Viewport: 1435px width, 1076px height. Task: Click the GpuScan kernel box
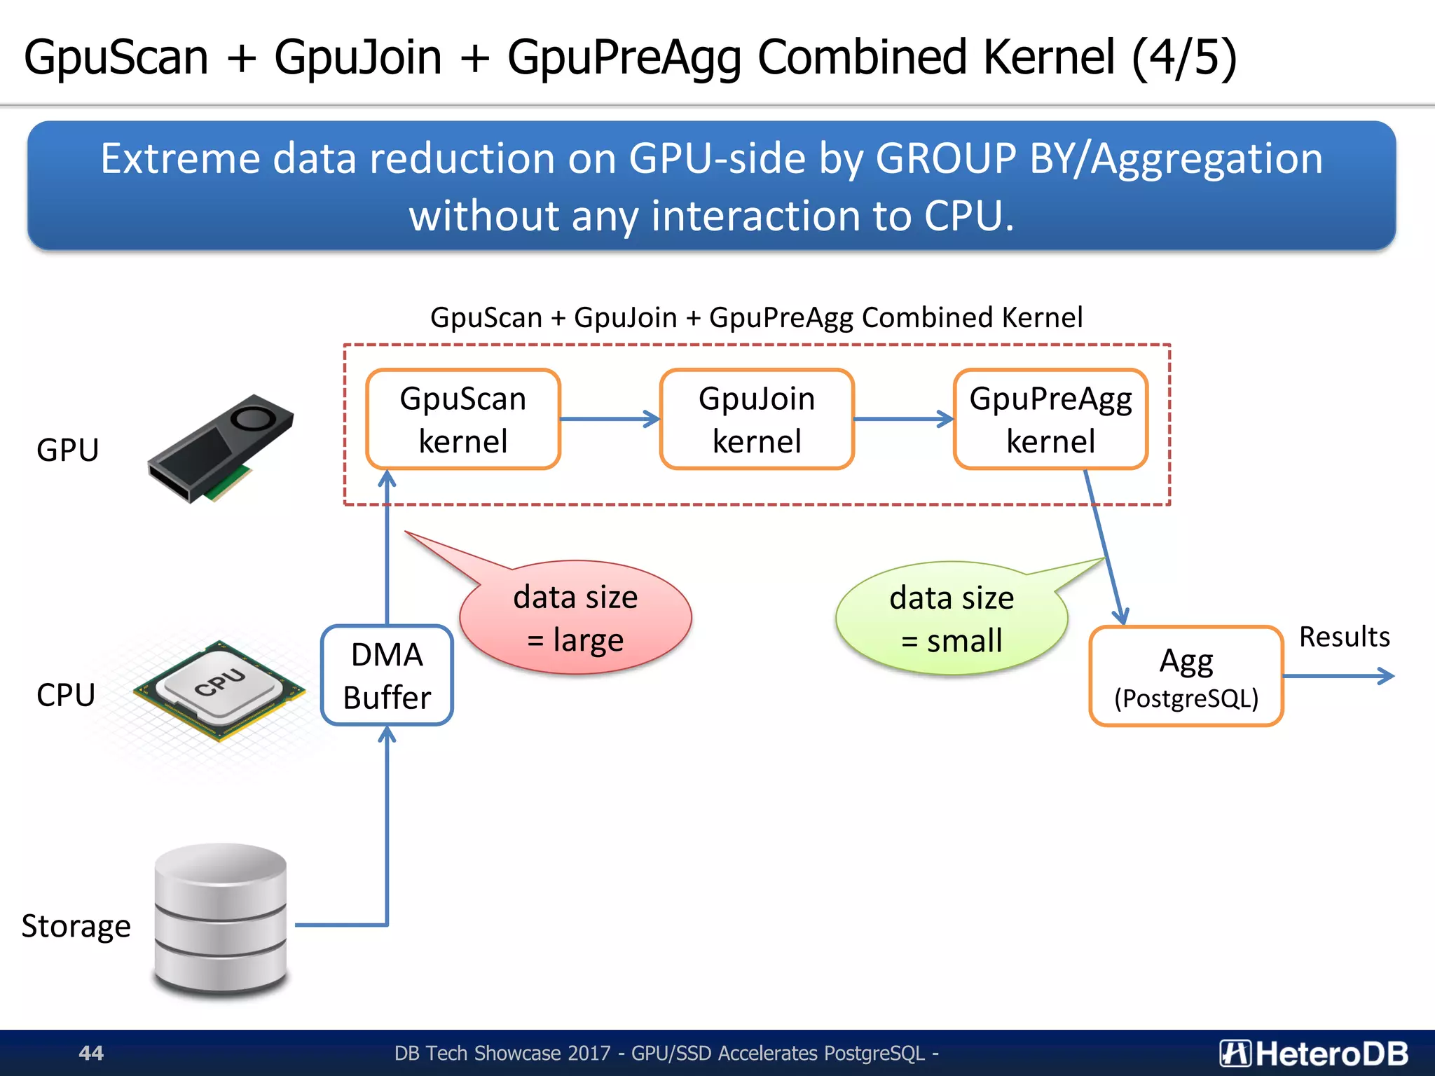[x=463, y=419]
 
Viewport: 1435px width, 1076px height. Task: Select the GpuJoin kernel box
[x=757, y=419]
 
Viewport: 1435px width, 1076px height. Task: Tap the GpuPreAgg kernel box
[x=1050, y=419]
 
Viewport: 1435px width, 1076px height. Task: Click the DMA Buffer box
[x=387, y=675]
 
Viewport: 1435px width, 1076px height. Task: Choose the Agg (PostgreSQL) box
[x=1186, y=677]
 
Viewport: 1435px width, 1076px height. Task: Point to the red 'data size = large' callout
[x=575, y=618]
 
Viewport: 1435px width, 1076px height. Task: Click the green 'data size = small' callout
[x=952, y=619]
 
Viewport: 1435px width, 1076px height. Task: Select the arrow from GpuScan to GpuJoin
[x=610, y=419]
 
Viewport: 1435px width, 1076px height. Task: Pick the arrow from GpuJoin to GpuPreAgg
[x=903, y=419]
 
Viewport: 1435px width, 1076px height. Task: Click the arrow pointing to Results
[x=1338, y=676]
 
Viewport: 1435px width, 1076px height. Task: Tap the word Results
[x=1344, y=637]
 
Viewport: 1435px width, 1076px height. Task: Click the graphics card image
[x=220, y=448]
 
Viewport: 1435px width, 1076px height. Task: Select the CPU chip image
[x=219, y=690]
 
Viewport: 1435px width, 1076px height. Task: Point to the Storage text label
[x=76, y=926]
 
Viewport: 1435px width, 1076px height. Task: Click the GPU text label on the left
[x=67, y=450]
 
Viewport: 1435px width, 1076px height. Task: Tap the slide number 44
[x=91, y=1053]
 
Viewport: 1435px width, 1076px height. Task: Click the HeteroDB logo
[x=1314, y=1053]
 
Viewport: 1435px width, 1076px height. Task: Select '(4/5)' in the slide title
[x=1183, y=57]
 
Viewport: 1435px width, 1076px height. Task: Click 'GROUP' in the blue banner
[x=945, y=158]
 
